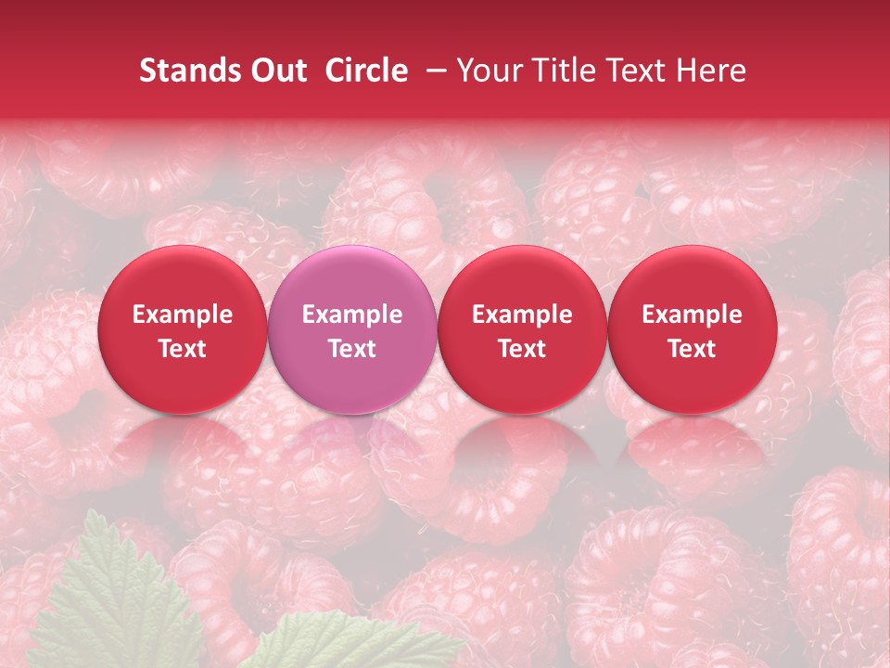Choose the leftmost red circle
(x=183, y=380)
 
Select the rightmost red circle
(x=693, y=380)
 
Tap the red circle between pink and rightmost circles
(x=522, y=380)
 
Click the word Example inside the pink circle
(x=352, y=315)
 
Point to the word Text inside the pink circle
(x=352, y=348)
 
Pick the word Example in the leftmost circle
(x=183, y=315)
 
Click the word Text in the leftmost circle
(x=183, y=348)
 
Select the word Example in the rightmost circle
(x=693, y=315)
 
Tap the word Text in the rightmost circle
(x=693, y=348)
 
